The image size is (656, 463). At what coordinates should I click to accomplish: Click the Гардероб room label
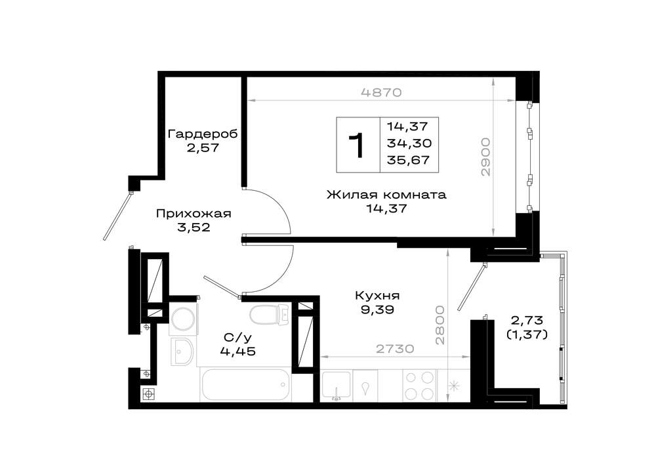(x=203, y=134)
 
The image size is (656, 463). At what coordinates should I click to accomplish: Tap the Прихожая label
(x=194, y=214)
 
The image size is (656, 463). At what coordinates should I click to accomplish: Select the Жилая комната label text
(x=386, y=195)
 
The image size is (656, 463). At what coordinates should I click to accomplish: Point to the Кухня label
(x=377, y=295)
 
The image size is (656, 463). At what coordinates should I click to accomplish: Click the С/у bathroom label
(x=235, y=337)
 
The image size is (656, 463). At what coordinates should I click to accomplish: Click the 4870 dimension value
(x=380, y=92)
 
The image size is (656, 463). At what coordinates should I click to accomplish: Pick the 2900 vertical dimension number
(x=485, y=157)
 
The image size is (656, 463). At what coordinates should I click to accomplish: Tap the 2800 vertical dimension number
(x=440, y=325)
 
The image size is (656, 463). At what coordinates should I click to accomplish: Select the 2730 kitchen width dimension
(x=395, y=348)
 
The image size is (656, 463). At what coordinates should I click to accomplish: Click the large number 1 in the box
(x=358, y=146)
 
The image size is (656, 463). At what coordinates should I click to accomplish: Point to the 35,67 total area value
(x=409, y=161)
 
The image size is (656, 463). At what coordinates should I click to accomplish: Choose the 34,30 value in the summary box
(x=409, y=144)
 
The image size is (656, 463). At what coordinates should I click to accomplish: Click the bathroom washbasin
(x=182, y=352)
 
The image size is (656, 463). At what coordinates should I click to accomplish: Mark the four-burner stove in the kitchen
(x=419, y=386)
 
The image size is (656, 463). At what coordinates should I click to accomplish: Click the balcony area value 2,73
(x=527, y=321)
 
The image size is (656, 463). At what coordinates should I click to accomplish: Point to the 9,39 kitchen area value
(x=377, y=310)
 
